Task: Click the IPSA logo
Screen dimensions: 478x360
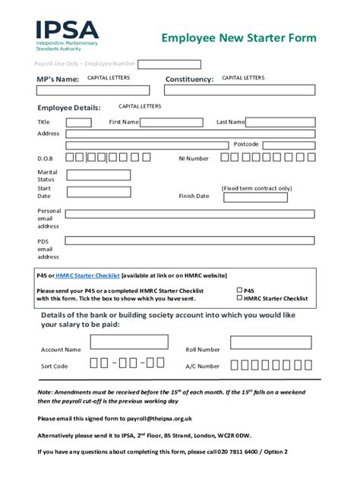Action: pyautogui.click(x=67, y=35)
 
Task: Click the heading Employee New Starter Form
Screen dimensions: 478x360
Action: pyautogui.click(x=238, y=38)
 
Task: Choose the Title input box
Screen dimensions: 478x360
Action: pyautogui.click(x=78, y=122)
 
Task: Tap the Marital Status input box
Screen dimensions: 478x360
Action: pyautogui.click(x=99, y=174)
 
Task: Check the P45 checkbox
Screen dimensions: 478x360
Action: pyautogui.click(x=239, y=290)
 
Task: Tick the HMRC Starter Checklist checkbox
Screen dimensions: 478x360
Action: pyautogui.click(x=239, y=298)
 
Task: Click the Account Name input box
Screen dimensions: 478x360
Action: pyautogui.click(x=129, y=342)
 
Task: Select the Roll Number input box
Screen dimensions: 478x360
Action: pyautogui.click(x=270, y=343)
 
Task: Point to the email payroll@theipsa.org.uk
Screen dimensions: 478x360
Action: pyautogui.click(x=160, y=418)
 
